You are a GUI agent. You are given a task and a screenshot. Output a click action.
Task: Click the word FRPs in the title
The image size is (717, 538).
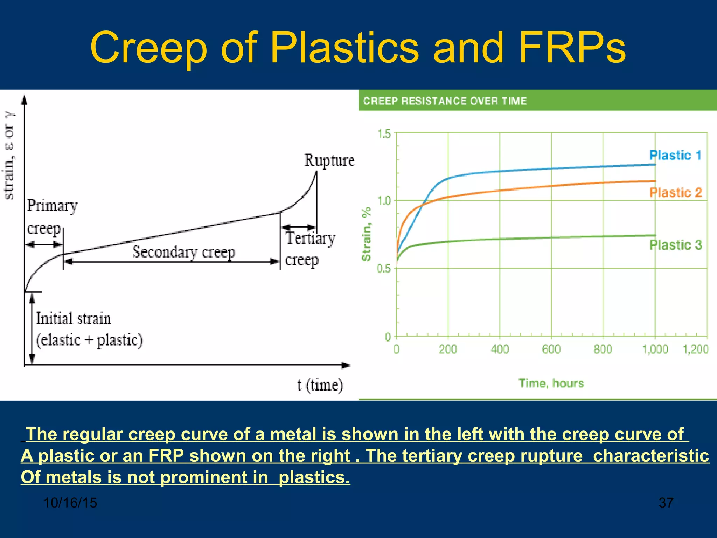[572, 48]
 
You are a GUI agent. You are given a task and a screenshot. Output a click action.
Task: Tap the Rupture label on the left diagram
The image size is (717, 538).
[329, 160]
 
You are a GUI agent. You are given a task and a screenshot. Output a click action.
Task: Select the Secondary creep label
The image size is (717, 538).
[183, 252]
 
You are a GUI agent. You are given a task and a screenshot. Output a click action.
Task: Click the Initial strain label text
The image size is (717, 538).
[74, 319]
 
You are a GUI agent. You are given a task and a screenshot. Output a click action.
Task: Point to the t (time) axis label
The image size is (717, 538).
[320, 385]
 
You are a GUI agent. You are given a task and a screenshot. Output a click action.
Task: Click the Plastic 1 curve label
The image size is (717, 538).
[675, 155]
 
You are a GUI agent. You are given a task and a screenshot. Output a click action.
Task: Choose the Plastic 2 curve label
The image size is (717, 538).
[676, 193]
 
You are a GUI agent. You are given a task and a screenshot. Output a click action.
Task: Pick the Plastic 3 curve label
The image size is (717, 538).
[676, 245]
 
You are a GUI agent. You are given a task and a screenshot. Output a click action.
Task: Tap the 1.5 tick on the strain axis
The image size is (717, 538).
[384, 133]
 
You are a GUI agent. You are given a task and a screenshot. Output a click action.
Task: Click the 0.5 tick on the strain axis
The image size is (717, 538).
[383, 269]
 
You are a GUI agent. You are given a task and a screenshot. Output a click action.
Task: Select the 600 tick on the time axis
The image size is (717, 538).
[551, 349]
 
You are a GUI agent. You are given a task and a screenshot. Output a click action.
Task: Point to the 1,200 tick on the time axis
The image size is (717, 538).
[696, 349]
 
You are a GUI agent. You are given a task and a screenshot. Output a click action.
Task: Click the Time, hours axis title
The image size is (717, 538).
[551, 383]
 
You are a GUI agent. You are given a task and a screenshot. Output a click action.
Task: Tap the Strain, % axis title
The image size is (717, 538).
[366, 234]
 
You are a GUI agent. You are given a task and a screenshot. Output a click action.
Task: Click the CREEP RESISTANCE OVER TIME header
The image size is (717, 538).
[445, 101]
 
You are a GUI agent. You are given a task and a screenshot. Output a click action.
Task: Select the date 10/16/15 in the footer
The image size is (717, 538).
[70, 503]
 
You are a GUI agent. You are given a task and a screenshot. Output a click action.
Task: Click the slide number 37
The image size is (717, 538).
[666, 503]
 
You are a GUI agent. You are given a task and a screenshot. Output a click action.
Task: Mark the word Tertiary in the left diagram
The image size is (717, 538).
[310, 239]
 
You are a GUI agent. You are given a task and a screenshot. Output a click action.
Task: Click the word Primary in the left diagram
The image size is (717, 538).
[52, 206]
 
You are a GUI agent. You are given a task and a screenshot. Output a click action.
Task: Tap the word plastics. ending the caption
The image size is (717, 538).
[314, 477]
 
